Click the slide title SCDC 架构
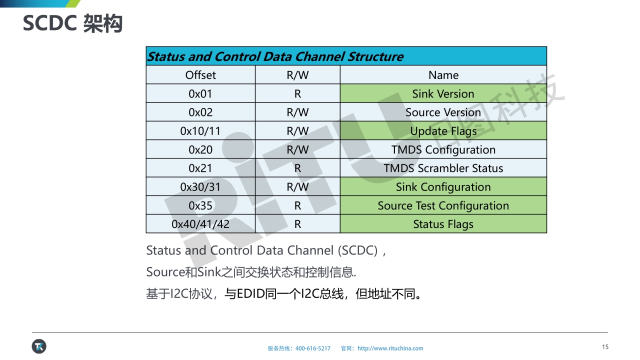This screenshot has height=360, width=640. click(x=72, y=23)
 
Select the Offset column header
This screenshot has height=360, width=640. click(x=200, y=75)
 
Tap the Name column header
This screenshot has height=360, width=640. click(x=443, y=75)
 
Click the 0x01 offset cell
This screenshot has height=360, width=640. click(x=200, y=93)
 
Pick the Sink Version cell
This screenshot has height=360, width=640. click(x=443, y=93)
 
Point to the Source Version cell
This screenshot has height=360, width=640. click(x=443, y=112)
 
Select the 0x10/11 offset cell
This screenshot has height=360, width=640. click(x=200, y=131)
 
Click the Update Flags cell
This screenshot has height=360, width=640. click(x=443, y=131)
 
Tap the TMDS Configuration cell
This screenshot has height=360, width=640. click(x=443, y=149)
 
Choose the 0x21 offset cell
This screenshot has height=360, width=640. click(x=200, y=168)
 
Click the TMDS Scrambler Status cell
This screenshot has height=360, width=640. click(x=443, y=168)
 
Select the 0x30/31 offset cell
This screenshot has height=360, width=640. click(x=200, y=187)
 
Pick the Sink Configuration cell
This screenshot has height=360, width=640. click(x=443, y=187)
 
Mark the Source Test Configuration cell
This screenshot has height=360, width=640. click(x=443, y=205)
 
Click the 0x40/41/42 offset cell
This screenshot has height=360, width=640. click(x=200, y=224)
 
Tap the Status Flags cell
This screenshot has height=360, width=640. click(x=443, y=224)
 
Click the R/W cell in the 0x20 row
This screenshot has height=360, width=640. click(x=297, y=149)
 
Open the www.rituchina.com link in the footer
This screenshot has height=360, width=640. click(x=390, y=348)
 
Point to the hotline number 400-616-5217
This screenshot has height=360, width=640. click(x=313, y=348)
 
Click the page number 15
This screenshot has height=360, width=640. click(x=605, y=346)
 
